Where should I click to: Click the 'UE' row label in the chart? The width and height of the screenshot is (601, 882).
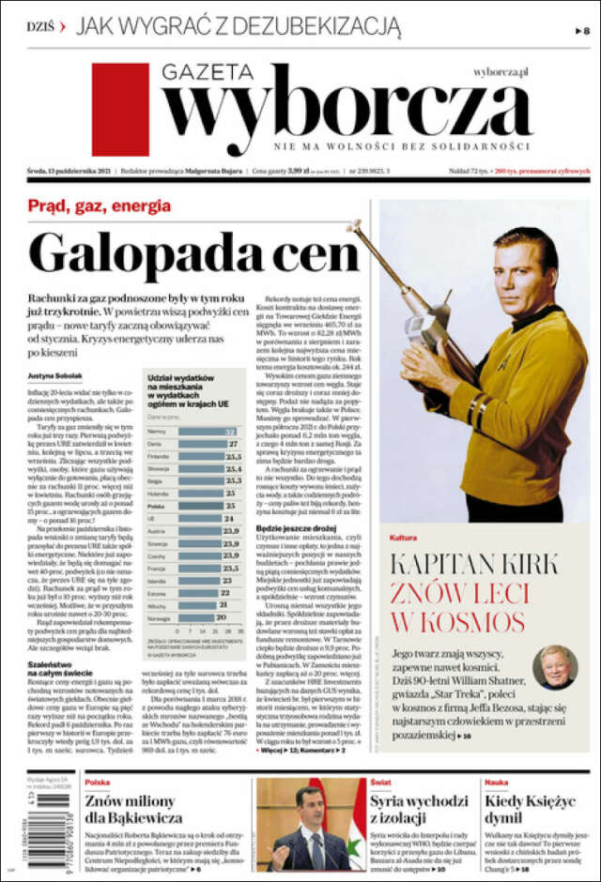coord(152,518)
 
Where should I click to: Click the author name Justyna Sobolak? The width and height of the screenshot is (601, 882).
coord(55,376)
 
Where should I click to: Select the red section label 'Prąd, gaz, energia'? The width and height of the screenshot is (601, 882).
coord(99,205)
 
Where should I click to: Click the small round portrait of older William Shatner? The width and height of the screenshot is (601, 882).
coord(555,666)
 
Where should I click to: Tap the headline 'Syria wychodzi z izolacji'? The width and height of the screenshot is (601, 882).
coord(419,810)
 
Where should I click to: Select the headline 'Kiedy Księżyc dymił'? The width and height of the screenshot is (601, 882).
coord(530,810)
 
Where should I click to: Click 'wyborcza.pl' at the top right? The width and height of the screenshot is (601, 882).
coord(501,70)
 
